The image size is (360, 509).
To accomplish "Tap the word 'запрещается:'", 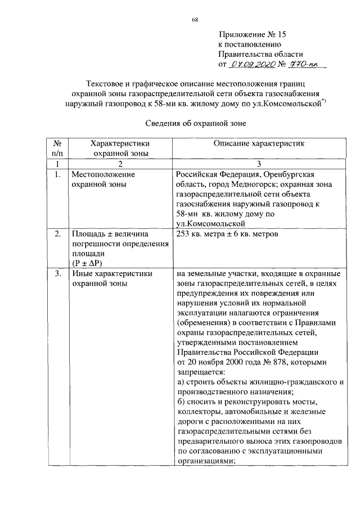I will click(199, 372).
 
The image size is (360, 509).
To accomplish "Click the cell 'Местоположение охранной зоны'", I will click(98, 179).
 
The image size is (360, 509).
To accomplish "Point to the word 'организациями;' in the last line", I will click(205, 459).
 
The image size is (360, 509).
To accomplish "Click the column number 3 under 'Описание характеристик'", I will click(259, 163).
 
